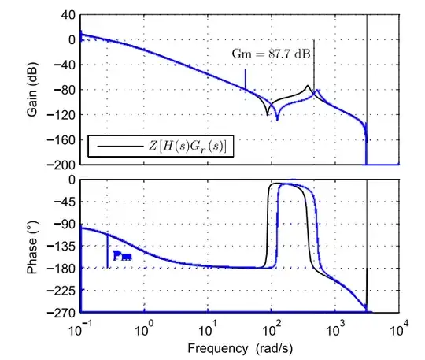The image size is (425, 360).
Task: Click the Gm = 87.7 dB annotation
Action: click(271, 53)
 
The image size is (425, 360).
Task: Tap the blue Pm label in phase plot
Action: click(122, 255)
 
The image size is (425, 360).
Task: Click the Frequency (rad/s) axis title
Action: click(239, 347)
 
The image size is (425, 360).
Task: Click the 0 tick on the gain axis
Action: click(69, 39)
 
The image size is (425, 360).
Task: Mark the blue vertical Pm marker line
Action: click(107, 251)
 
